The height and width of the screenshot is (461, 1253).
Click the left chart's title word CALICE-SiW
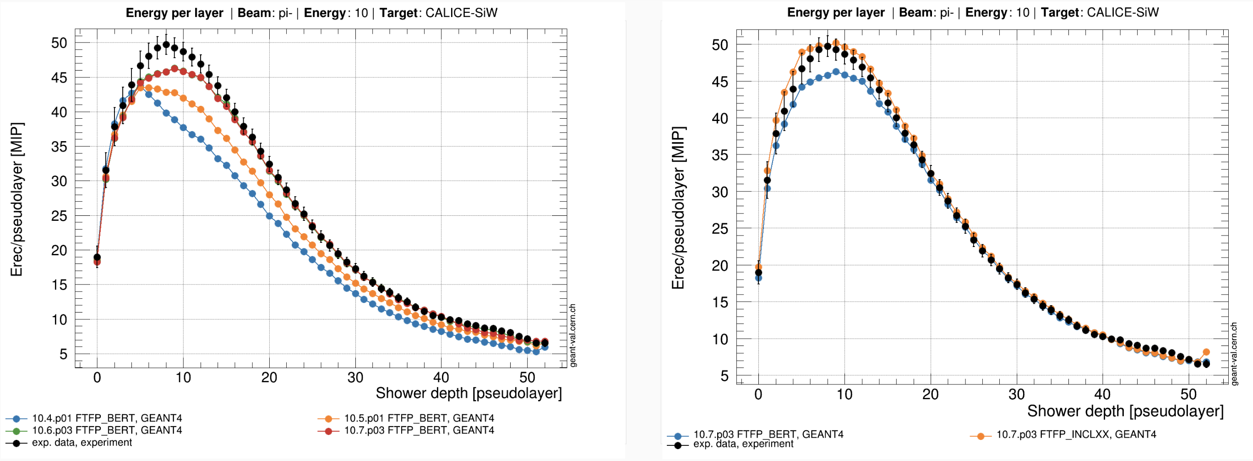point(461,13)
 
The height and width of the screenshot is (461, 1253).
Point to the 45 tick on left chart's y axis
point(59,78)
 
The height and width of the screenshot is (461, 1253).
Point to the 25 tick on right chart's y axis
point(720,229)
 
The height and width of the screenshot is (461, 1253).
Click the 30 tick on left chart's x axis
point(355,377)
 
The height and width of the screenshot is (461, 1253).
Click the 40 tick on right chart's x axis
point(1102,394)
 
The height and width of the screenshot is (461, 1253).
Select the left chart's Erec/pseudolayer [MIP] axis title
point(17,200)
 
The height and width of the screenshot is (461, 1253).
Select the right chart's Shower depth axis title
point(1125,411)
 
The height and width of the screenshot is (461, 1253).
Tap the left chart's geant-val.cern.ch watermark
point(572,335)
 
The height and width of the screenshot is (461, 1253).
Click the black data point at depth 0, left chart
point(97,257)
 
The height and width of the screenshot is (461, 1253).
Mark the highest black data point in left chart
point(166,45)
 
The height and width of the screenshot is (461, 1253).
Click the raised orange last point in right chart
point(1206,352)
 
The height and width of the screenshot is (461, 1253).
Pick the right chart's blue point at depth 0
point(758,279)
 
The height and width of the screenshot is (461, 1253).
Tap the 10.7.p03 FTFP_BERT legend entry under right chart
point(768,434)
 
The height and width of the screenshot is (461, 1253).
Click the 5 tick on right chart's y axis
point(724,376)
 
